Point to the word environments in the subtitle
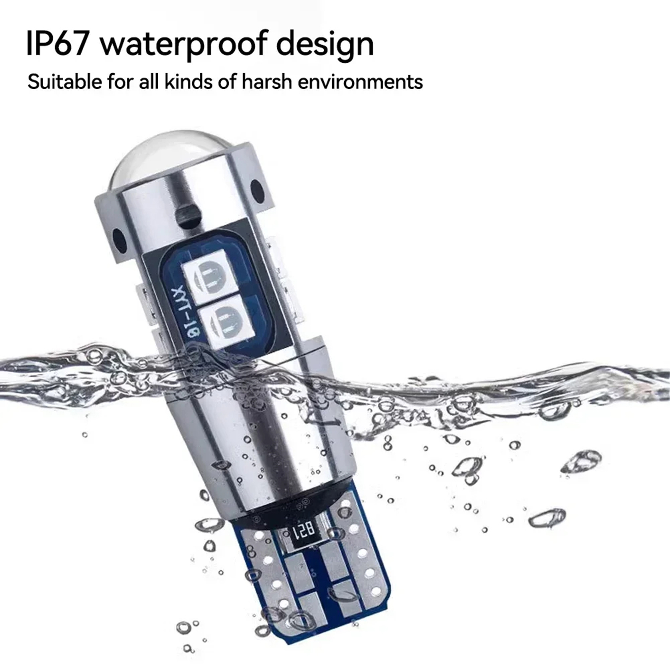[x=360, y=82]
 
